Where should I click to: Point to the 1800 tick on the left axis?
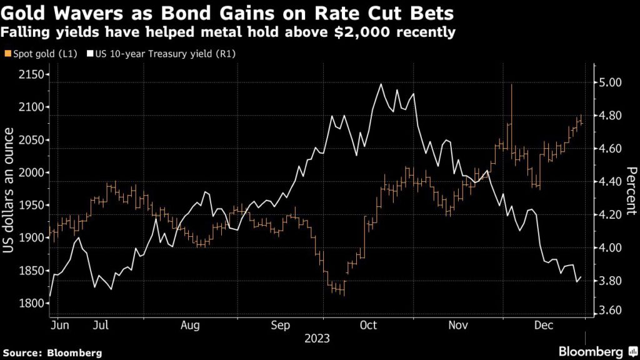coord(29,304)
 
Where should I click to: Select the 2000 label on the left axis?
coord(29,172)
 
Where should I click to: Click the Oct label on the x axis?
coord(369,325)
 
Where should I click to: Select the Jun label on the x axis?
coord(59,325)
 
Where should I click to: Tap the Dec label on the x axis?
coord(542,325)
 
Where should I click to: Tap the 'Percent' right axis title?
coord(631,191)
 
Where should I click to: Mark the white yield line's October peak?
coord(380,84)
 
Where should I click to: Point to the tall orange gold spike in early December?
coord(512,86)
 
